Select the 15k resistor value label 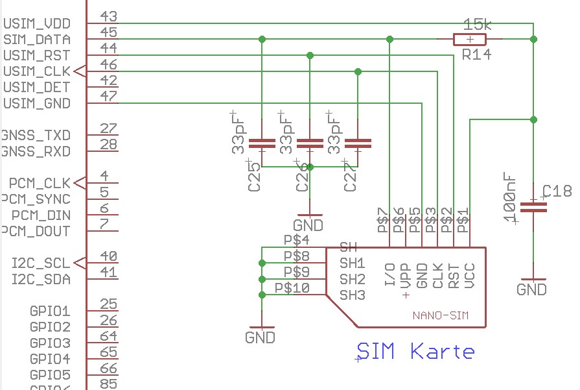tap(478, 25)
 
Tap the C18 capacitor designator tap(557, 191)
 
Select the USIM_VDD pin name tap(37, 23)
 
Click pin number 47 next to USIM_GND tap(109, 96)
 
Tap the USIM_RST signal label tap(37, 55)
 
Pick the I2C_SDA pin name tap(41, 279)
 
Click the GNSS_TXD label tap(36, 136)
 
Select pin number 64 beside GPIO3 tap(109, 335)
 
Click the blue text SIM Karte tap(416, 352)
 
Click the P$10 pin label tap(292, 287)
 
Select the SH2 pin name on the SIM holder tap(353, 279)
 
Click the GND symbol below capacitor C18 tap(532, 289)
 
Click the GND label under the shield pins tap(260, 337)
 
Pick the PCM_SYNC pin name tap(36, 199)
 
